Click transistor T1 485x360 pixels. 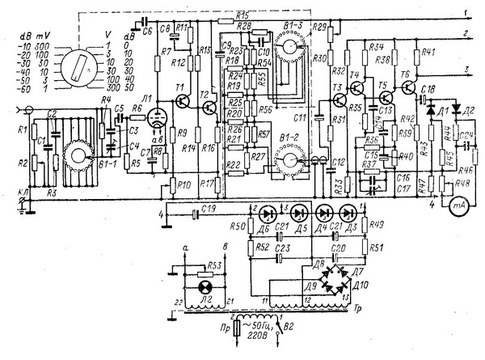pos(183,97)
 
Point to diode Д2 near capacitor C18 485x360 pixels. pos(455,108)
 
